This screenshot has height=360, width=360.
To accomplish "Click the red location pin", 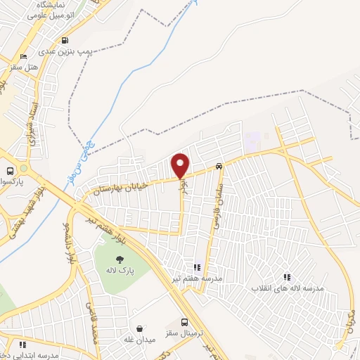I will [181, 165].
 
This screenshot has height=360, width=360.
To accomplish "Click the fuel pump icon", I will [65, 40].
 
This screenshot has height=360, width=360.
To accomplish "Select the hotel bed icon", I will [24, 56].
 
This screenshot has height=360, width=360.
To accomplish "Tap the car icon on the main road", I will [219, 167].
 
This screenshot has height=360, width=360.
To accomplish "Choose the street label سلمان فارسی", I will [217, 193].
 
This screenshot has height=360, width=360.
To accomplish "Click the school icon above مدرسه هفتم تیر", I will [198, 267].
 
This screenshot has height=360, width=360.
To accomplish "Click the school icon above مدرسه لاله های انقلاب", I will [287, 277].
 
